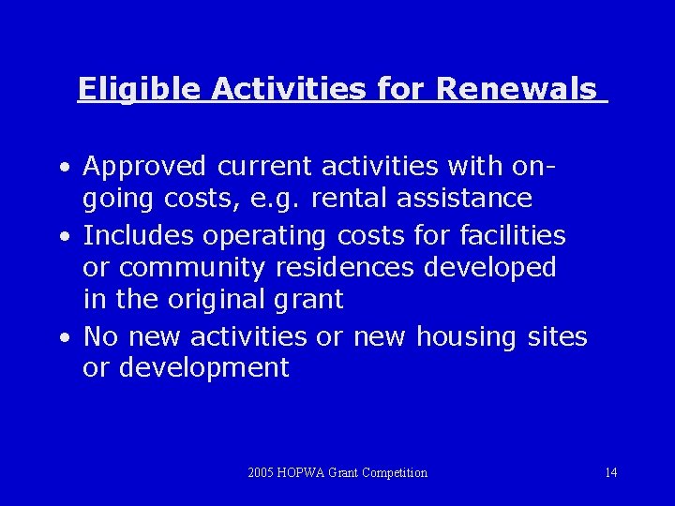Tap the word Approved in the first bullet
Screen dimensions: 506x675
click(x=144, y=167)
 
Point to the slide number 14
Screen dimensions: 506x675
click(x=611, y=473)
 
